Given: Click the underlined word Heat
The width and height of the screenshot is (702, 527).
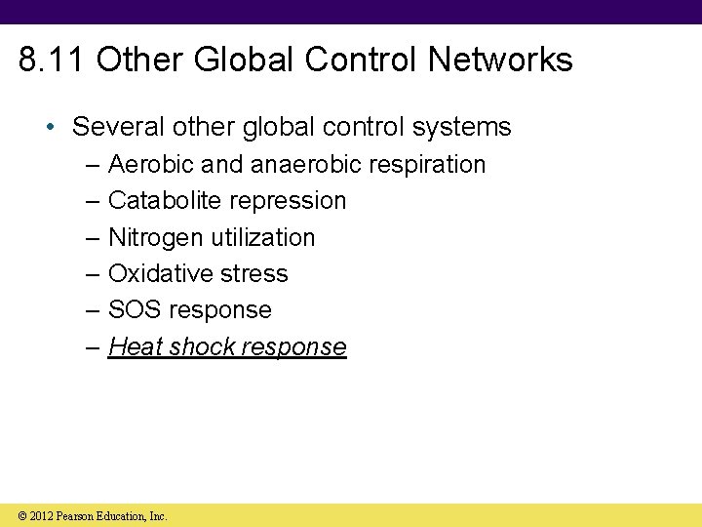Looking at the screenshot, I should pyautogui.click(x=135, y=346).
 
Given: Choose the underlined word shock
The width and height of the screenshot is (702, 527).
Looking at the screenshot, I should pyautogui.click(x=202, y=346).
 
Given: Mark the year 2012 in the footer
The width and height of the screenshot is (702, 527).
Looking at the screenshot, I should pyautogui.click(x=40, y=516).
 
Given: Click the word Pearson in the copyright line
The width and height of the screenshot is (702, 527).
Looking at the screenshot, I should pyautogui.click(x=77, y=516).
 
